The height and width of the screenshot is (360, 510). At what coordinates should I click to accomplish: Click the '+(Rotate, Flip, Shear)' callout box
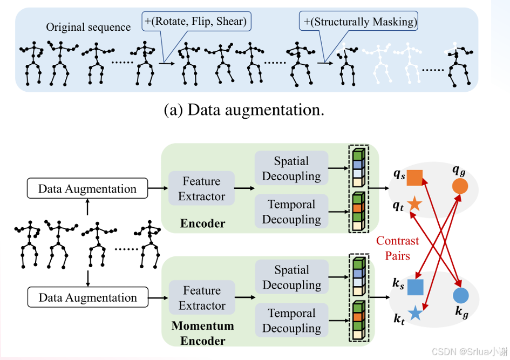(196, 22)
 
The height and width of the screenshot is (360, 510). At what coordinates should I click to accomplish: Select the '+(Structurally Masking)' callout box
(358, 22)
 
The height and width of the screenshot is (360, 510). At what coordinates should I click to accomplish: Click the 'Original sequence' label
(88, 27)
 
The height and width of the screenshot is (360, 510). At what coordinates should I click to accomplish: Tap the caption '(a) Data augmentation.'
(244, 110)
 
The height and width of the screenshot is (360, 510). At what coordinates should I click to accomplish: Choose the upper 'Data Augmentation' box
(87, 188)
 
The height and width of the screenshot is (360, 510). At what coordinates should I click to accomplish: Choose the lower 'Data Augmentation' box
(88, 297)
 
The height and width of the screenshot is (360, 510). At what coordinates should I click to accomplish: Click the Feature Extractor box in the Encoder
(202, 188)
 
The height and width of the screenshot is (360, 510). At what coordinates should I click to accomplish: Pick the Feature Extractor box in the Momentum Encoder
(202, 297)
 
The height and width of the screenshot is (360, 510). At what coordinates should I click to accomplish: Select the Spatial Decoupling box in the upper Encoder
(291, 168)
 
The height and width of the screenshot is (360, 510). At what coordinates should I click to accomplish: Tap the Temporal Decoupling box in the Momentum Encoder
(292, 320)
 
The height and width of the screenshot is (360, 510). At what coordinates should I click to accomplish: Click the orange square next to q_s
(414, 178)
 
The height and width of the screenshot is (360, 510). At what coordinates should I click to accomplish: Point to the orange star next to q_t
(414, 204)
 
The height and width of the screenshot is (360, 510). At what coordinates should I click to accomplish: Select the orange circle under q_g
(460, 186)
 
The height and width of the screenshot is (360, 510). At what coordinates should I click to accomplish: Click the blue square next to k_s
(416, 287)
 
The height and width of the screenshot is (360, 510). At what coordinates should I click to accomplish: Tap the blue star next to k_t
(416, 313)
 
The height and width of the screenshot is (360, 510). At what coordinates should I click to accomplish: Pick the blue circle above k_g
(460, 295)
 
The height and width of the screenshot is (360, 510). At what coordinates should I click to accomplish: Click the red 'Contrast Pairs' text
(397, 248)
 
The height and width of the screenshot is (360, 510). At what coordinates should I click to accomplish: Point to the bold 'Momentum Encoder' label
(202, 333)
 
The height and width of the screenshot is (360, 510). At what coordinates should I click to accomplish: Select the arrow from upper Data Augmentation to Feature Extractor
(158, 188)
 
